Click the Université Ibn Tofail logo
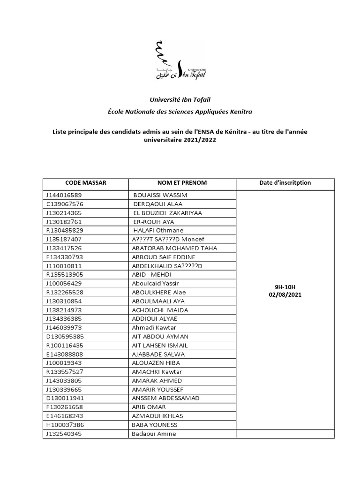pyautogui.click(x=180, y=60)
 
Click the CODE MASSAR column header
pyautogui.click(x=86, y=183)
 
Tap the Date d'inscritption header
pyautogui.click(x=285, y=183)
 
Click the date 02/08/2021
pyautogui.click(x=285, y=295)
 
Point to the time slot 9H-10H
pyautogui.click(x=285, y=286)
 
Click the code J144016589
pyautogui.click(x=64, y=195)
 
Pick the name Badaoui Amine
pyautogui.click(x=154, y=434)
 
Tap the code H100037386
pyautogui.click(x=64, y=425)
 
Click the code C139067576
pyautogui.click(x=64, y=204)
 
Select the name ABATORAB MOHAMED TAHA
pyautogui.click(x=174, y=248)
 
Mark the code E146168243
pyautogui.click(x=64, y=416)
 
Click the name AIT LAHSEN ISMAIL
pyautogui.click(x=160, y=345)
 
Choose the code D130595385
pyautogui.click(x=65, y=337)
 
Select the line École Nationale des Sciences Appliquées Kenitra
pyautogui.click(x=180, y=112)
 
